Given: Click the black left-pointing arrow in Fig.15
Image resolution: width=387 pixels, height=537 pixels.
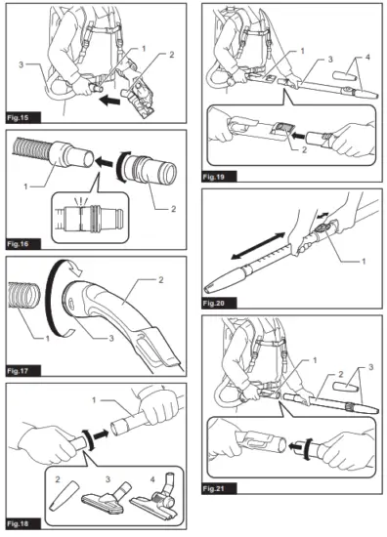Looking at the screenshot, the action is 109,101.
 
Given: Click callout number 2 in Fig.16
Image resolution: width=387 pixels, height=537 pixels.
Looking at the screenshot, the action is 173,209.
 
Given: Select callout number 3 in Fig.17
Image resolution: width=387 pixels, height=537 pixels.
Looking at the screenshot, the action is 111,339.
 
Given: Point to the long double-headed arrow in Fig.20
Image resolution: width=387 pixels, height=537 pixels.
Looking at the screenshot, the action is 258,246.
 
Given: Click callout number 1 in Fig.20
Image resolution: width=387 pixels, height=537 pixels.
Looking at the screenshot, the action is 364,262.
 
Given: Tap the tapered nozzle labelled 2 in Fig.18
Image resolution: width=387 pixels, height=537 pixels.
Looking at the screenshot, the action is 63,495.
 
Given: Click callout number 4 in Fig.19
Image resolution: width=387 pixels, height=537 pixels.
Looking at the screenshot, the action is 367,57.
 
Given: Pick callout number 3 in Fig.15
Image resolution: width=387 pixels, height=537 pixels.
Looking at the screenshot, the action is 21,64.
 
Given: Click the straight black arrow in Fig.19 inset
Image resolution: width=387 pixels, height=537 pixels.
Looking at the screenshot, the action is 297,137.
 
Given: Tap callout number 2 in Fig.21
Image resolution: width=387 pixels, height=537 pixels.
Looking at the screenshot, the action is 341,374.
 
